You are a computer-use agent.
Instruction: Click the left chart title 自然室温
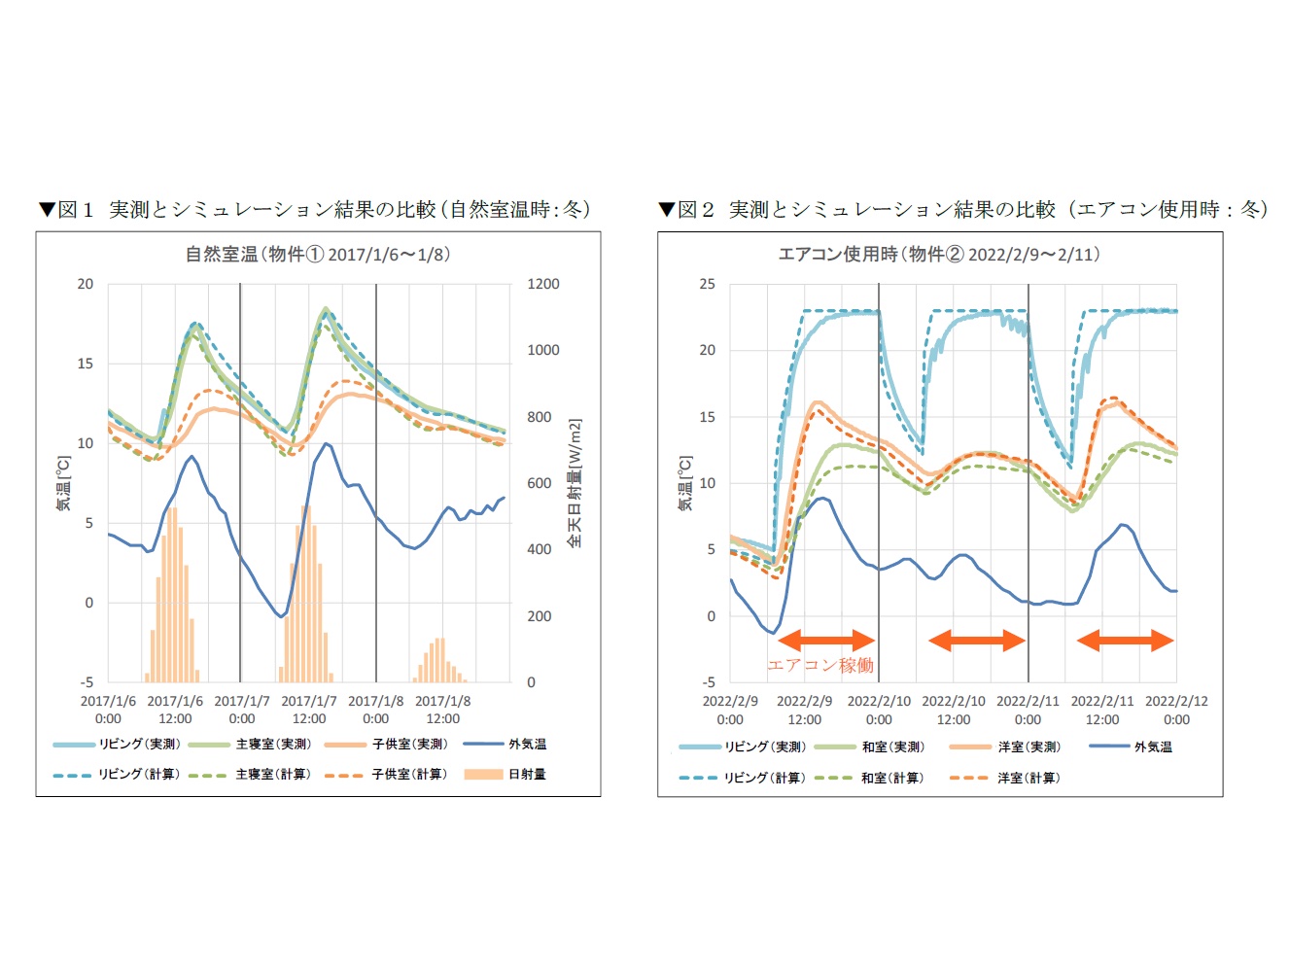click(x=318, y=255)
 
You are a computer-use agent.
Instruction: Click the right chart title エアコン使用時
click(x=939, y=255)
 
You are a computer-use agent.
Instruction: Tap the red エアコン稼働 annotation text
click(x=820, y=666)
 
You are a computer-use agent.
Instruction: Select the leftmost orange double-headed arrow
click(x=827, y=640)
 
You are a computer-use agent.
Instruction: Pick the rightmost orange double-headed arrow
click(x=1126, y=640)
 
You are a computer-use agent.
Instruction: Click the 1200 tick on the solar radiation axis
click(x=543, y=284)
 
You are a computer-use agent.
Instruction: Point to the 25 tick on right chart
click(x=707, y=284)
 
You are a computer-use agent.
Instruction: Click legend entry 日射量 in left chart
click(x=526, y=775)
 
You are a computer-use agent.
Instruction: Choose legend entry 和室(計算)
click(x=891, y=779)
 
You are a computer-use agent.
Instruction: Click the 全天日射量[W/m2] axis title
click(x=575, y=483)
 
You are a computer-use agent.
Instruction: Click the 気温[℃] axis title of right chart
click(x=685, y=483)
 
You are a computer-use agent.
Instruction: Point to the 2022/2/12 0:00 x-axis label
click(x=1176, y=711)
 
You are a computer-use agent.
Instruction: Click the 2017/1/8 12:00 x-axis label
click(x=442, y=710)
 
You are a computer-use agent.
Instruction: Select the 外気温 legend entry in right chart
click(x=1152, y=747)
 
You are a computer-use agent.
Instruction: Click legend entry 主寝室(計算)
click(x=272, y=775)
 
